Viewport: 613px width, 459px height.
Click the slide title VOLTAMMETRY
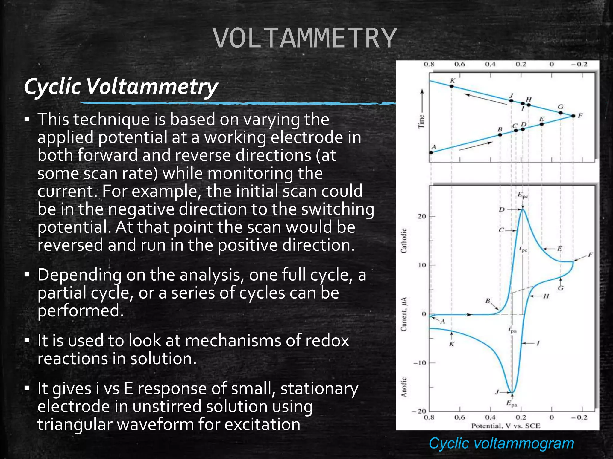pyautogui.click(x=305, y=38)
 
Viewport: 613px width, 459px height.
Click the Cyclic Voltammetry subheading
pyautogui.click(x=121, y=87)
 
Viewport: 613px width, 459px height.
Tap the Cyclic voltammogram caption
pyautogui.click(x=501, y=443)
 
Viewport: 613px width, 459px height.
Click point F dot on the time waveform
pyautogui.click(x=573, y=116)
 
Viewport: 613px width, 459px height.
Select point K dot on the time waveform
pyautogui.click(x=452, y=86)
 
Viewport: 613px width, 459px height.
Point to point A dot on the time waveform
pyautogui.click(x=431, y=152)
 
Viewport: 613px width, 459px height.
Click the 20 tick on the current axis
pyautogui.click(x=421, y=216)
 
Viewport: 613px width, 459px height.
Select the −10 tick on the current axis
pyautogui.click(x=420, y=363)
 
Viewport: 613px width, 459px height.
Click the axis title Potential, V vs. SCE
pyautogui.click(x=506, y=426)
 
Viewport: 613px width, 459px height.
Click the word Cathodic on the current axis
pyautogui.click(x=404, y=241)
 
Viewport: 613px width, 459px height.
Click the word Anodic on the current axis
pyautogui.click(x=404, y=387)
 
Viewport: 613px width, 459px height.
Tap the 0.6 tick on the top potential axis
pyautogui.click(x=460, y=64)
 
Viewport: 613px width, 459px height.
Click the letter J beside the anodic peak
pyautogui.click(x=497, y=392)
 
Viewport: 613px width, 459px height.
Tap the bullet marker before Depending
pyautogui.click(x=27, y=275)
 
